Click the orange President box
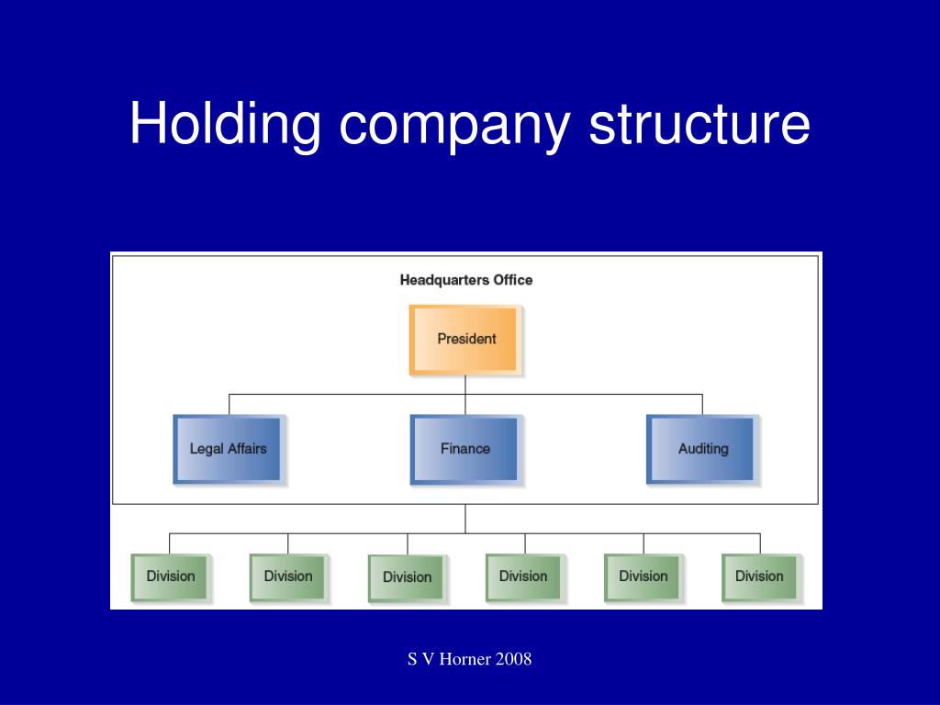tap(465, 340)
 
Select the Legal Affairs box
tap(228, 449)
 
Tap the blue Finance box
tap(464, 449)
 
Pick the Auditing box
tap(701, 449)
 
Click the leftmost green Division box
tap(170, 577)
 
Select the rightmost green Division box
tap(760, 577)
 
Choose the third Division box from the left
tap(407, 578)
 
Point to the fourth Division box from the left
tap(524, 577)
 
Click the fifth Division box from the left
tap(643, 577)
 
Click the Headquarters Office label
tap(465, 280)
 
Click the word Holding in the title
tap(226, 124)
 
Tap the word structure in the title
tap(699, 124)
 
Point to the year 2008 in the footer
tap(514, 659)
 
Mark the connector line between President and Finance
tap(465, 395)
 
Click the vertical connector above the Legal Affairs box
tap(229, 405)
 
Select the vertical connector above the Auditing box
tap(702, 405)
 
